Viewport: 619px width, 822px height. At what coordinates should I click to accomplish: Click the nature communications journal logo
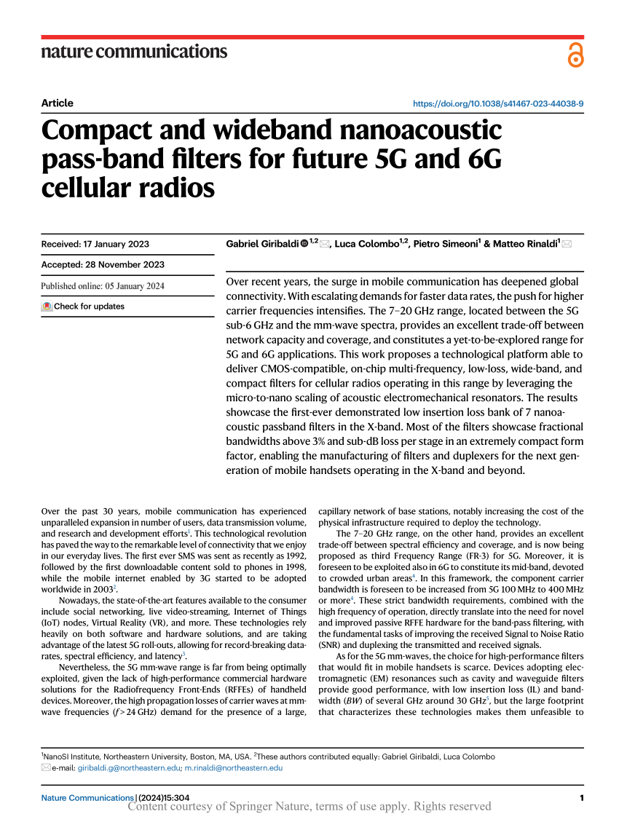(x=134, y=52)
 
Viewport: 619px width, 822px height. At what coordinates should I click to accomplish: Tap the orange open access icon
(x=575, y=55)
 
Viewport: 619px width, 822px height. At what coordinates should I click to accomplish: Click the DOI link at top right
(x=497, y=103)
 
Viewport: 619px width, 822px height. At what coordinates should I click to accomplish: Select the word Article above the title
(x=58, y=103)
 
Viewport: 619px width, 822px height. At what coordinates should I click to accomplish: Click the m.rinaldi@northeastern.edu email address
(x=233, y=767)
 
